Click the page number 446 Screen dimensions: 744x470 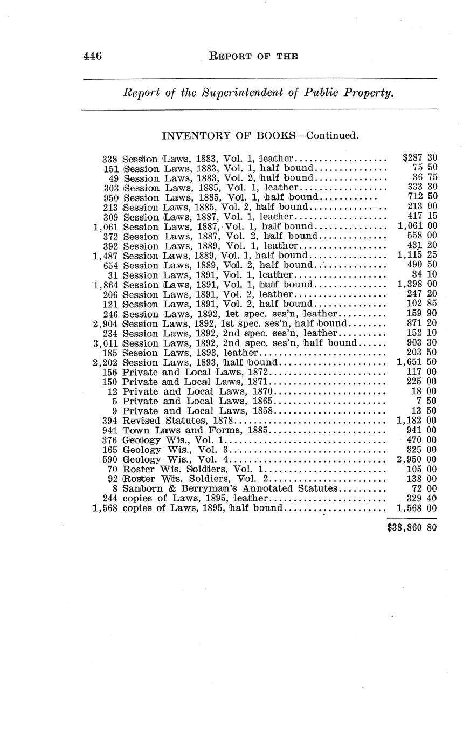pos(93,56)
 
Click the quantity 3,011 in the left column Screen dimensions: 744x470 pos(105,343)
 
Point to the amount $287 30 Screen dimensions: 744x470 pos(419,159)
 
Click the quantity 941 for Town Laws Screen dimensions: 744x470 pos(110,430)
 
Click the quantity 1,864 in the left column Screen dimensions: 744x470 pos(105,285)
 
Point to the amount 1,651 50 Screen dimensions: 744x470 pos(416,362)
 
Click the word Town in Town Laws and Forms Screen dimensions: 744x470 pos(133,430)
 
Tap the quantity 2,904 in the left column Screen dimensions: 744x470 pos(105,323)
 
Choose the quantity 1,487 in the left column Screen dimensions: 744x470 pos(105,256)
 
